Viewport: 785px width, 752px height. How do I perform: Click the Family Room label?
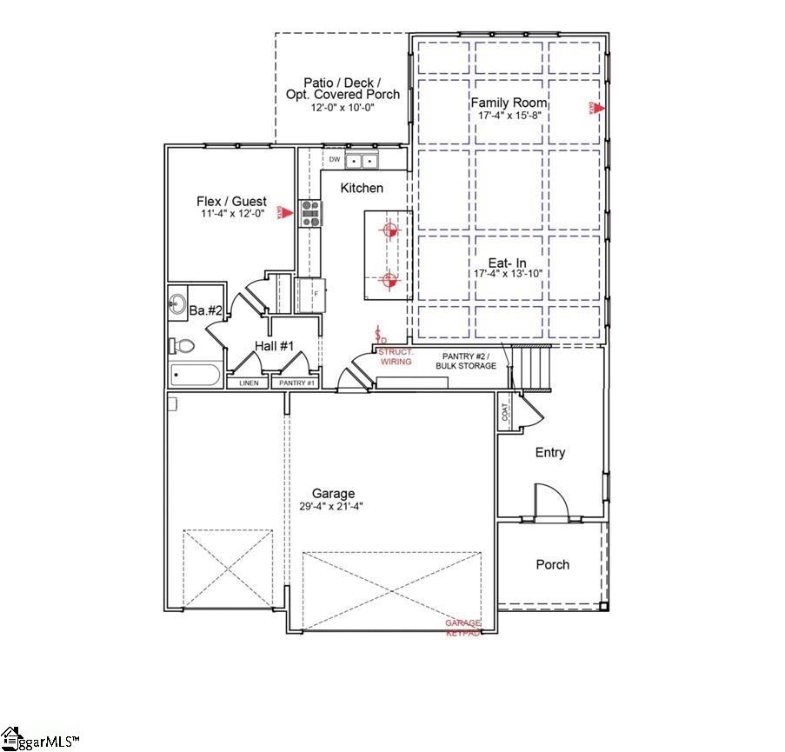[509, 103]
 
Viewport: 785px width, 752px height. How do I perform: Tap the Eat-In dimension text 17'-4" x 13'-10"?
[509, 273]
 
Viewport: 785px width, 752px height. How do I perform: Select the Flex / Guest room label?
[231, 201]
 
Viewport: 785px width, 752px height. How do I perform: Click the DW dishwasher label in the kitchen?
[334, 160]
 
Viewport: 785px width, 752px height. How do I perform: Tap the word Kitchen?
[362, 188]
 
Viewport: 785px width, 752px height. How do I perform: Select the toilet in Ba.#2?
[183, 346]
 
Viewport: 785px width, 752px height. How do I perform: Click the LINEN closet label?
[248, 383]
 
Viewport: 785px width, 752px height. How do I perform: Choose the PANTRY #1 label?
[295, 383]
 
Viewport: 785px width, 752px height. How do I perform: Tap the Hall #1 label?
[275, 346]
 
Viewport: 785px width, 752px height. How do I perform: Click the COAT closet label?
[505, 411]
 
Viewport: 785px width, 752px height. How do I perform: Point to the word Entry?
[550, 452]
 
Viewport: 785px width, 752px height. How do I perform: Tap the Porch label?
[552, 564]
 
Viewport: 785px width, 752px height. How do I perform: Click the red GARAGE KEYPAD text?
[463, 629]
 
